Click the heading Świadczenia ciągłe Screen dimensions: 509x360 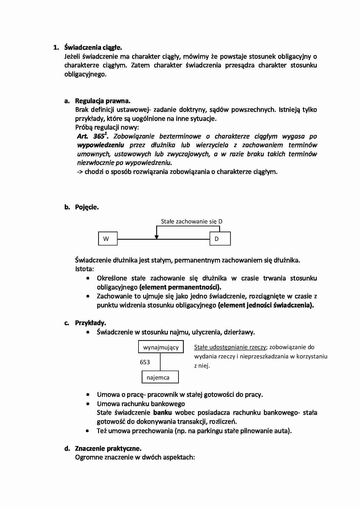(93, 47)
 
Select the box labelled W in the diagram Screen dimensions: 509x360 (108, 239)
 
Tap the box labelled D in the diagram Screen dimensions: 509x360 (220, 239)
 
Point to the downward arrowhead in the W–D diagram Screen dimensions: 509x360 (157, 237)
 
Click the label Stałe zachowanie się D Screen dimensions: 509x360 (192, 221)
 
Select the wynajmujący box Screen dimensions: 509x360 (161, 347)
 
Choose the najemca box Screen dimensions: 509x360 (160, 378)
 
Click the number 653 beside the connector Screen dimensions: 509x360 (145, 362)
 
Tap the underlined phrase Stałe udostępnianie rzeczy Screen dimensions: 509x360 (230, 347)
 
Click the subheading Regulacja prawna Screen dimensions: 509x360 (102, 101)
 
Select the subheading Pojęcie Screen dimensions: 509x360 (87, 207)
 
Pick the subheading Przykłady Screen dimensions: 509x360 (90, 323)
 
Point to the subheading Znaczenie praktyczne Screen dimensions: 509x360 (108, 449)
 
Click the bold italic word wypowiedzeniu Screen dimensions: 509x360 (100, 145)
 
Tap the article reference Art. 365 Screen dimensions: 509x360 (91, 136)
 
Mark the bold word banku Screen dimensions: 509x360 (162, 413)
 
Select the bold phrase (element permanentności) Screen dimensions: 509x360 (180, 287)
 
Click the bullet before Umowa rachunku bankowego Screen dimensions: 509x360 (88, 404)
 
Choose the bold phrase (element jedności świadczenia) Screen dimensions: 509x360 (266, 305)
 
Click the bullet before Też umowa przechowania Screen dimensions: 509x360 (88, 431)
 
